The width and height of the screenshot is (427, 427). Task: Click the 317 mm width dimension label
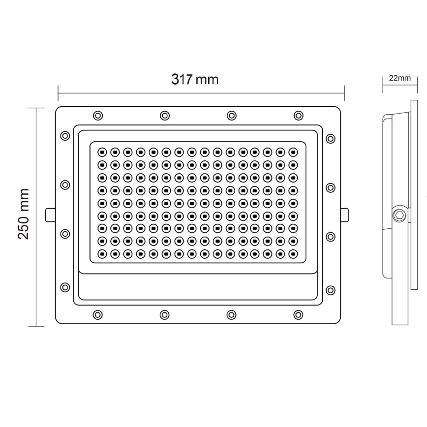(195, 79)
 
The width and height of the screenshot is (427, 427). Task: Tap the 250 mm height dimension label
(24, 213)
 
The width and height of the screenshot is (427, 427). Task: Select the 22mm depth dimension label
(399, 78)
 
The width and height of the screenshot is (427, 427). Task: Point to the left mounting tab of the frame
(50, 214)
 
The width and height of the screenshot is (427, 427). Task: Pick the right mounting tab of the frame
(345, 214)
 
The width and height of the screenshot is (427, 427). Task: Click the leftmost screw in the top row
(98, 116)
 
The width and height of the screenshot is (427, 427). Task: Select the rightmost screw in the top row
(298, 116)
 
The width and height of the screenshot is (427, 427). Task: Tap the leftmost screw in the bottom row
(98, 314)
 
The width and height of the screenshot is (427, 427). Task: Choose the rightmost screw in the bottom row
(298, 314)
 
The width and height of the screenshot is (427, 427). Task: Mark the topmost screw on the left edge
(65, 136)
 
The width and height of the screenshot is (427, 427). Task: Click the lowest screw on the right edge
(331, 290)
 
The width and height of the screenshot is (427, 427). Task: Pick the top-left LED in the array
(102, 152)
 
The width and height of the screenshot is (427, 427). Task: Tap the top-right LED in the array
(293, 152)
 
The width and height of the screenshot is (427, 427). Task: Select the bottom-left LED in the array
(102, 254)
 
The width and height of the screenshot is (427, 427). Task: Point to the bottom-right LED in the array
(293, 254)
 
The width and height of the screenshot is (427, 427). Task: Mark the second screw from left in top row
(165, 116)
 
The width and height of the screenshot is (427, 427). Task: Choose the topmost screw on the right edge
(331, 139)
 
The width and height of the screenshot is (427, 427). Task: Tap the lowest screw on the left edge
(65, 287)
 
